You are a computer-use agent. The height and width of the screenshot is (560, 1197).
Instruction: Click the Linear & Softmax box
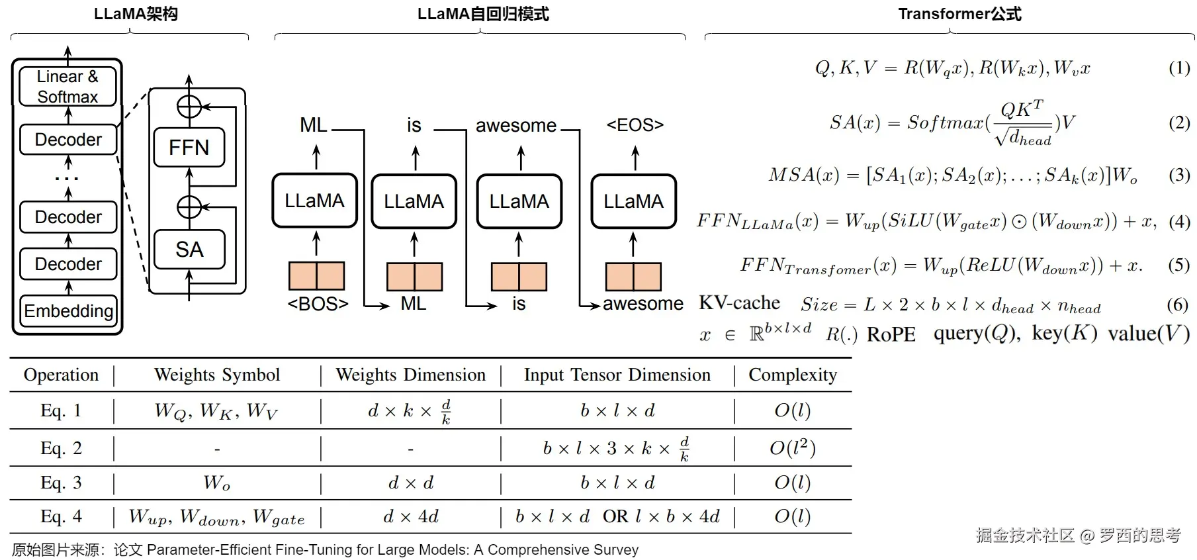point(67,86)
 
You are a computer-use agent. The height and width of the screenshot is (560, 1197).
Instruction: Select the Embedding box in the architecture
point(68,310)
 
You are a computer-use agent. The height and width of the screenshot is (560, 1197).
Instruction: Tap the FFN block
point(189,147)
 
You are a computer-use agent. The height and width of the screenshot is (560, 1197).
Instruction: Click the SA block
point(189,249)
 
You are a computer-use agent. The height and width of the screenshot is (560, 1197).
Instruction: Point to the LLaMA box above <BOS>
point(314,201)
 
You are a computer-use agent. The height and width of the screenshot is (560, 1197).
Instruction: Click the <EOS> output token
point(635,124)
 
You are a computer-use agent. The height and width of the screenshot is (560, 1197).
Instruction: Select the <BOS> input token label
point(318,304)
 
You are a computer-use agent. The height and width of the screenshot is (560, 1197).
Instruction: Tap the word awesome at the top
point(516,125)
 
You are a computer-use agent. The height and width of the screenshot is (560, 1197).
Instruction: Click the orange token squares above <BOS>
point(316,276)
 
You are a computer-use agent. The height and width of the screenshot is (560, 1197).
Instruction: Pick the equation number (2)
point(1179,122)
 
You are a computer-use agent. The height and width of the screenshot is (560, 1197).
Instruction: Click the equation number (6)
point(1177,304)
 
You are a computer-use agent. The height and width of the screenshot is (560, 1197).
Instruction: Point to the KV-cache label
point(739,303)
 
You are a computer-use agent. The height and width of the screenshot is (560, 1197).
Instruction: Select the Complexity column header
point(792,375)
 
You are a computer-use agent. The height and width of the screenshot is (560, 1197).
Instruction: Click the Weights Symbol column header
point(217,375)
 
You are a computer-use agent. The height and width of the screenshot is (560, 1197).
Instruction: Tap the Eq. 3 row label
point(61,483)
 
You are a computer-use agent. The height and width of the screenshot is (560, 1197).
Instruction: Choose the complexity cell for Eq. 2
point(792,448)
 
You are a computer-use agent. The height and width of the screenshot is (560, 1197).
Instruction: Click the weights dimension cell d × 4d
point(410,516)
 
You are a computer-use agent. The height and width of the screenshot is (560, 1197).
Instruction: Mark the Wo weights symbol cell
point(217,483)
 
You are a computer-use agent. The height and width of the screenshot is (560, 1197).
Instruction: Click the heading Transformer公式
point(959,14)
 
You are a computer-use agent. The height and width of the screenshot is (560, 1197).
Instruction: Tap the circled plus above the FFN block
point(189,106)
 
